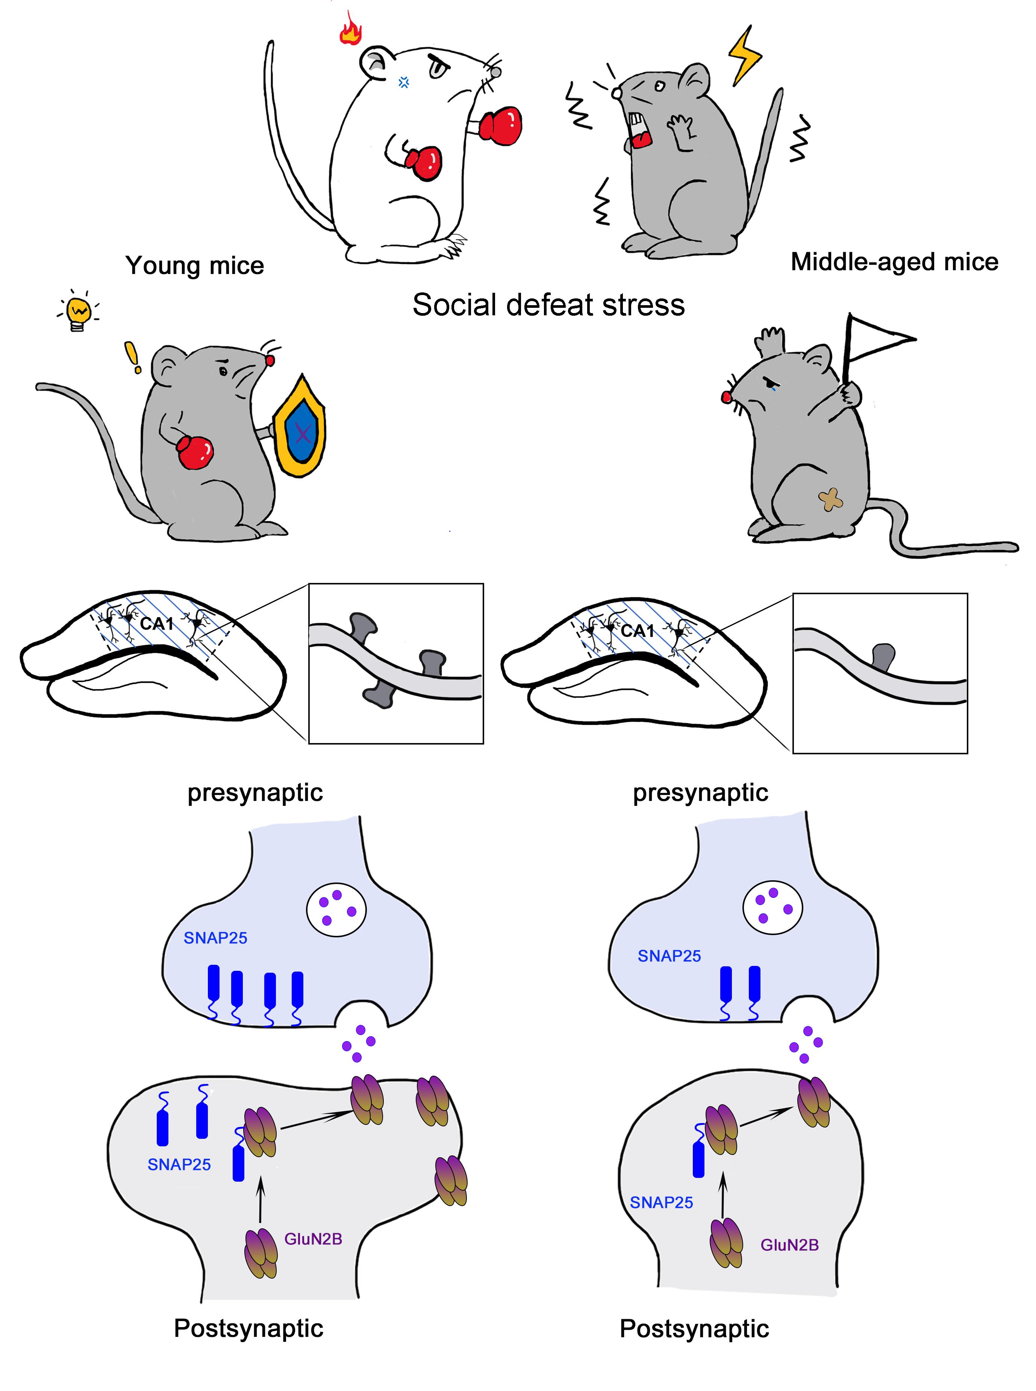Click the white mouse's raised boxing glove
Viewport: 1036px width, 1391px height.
pyautogui.click(x=501, y=125)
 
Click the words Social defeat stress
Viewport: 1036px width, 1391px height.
pyautogui.click(x=548, y=305)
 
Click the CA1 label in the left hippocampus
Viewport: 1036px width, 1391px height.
pyautogui.click(x=156, y=624)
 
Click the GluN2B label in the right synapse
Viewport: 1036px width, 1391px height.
pyautogui.click(x=789, y=1245)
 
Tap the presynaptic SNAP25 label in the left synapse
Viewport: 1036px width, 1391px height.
pyautogui.click(x=215, y=938)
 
